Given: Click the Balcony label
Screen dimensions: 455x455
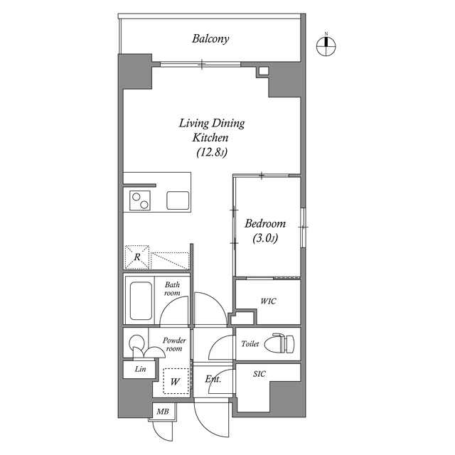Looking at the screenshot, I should click(210, 39).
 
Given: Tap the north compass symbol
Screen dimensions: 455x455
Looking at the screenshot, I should click(326, 45).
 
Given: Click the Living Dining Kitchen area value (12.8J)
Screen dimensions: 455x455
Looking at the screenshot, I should click(211, 151).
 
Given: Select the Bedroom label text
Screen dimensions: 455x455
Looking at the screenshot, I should click(264, 223).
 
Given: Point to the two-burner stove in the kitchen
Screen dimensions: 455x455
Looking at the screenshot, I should click(139, 200).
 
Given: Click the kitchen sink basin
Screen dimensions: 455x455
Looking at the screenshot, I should click(178, 200).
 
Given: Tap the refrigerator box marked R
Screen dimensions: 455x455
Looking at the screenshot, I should click(136, 257).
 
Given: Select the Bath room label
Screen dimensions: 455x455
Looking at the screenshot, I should click(172, 289).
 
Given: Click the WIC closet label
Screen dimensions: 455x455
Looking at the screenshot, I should click(268, 301).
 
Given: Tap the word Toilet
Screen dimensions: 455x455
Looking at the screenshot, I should click(250, 343).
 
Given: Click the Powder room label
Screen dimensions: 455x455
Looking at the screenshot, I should click(174, 344).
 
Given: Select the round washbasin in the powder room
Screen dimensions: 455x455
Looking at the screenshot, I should click(135, 343).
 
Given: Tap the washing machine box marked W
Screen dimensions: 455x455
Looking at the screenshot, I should click(174, 382).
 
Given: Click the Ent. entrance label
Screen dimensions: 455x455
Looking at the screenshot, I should click(213, 379).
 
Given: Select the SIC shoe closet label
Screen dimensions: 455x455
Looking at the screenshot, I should click(260, 373).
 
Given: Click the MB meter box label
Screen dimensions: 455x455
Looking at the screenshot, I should click(162, 411).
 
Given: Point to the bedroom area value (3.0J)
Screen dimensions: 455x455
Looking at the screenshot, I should click(264, 239).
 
